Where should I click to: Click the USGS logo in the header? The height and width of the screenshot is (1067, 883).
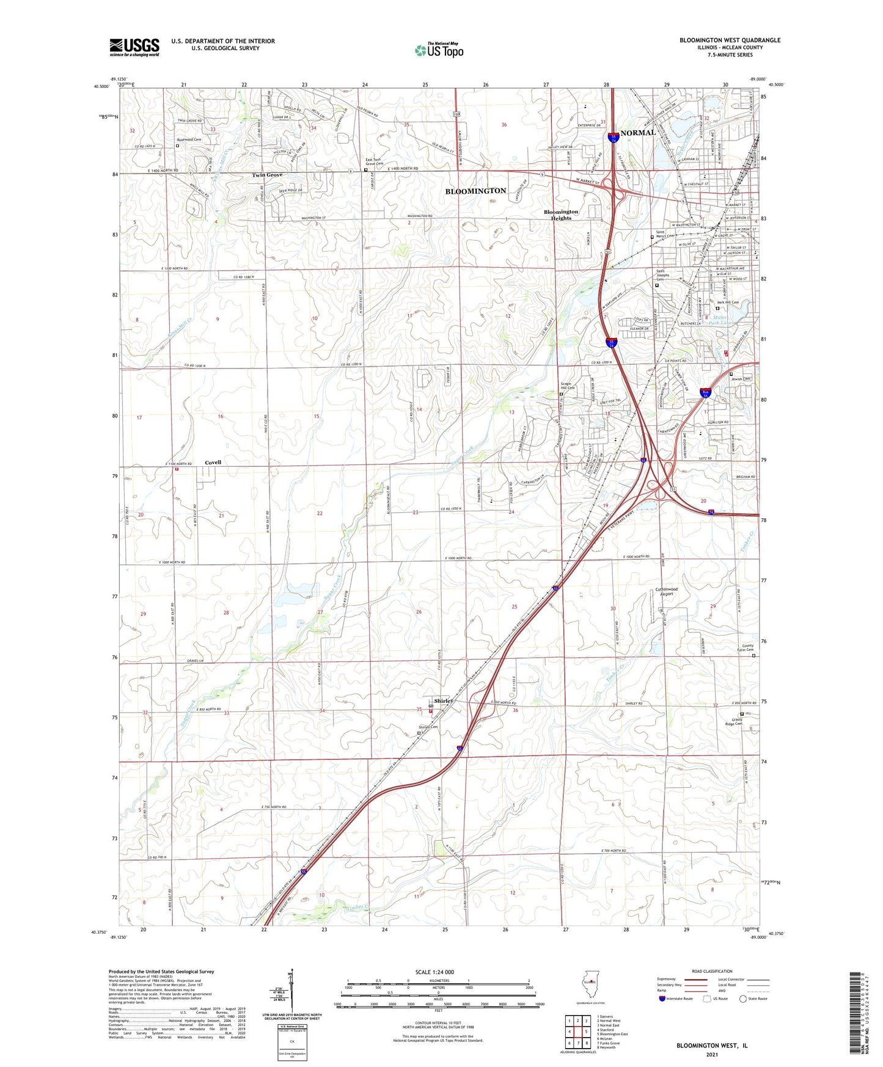pos(134,46)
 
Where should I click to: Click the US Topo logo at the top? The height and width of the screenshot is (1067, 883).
pos(439,50)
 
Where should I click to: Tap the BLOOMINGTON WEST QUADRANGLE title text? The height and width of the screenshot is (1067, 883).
pos(730,40)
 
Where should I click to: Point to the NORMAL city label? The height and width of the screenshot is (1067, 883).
pos(637,133)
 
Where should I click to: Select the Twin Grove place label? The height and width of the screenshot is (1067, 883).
pos(268,175)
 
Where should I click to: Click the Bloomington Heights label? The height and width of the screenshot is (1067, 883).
pos(561,215)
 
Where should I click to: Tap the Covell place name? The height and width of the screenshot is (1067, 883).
pos(213,463)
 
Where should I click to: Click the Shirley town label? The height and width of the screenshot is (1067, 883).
pos(444,701)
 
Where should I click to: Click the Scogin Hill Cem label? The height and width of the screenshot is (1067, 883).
pos(568,386)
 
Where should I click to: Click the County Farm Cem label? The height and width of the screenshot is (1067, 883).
pos(748,648)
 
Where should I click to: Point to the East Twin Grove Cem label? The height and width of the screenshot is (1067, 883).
pos(373,162)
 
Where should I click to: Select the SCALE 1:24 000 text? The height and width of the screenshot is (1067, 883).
pos(434,972)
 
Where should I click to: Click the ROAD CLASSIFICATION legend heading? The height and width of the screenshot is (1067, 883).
pos(711,971)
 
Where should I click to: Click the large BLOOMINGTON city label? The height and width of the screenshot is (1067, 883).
pos(475,191)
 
